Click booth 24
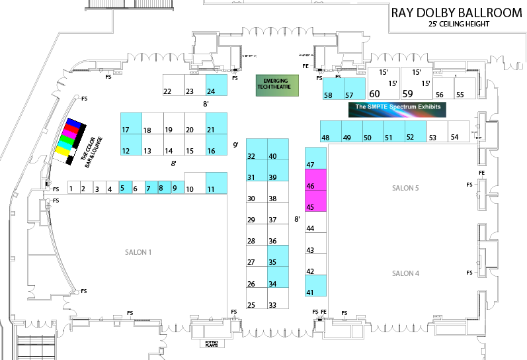pos(216,85)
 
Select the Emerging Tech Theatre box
pos(277,85)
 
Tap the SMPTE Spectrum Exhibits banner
pos(397,110)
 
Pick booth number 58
pos(333,89)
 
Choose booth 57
pos(354,89)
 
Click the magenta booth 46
pos(315,179)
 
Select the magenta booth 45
pos(315,201)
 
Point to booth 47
pos(315,158)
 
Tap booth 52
pos(415,131)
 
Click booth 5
pos(126,187)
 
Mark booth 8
pos(165,187)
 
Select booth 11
pos(216,183)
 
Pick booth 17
pos(131,123)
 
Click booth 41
pos(315,285)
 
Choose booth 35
pos(278,255)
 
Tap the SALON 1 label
pos(138,252)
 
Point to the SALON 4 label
pos(405,273)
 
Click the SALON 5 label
pos(405,188)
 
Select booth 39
pos(278,170)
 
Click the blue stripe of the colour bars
pos(73,123)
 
